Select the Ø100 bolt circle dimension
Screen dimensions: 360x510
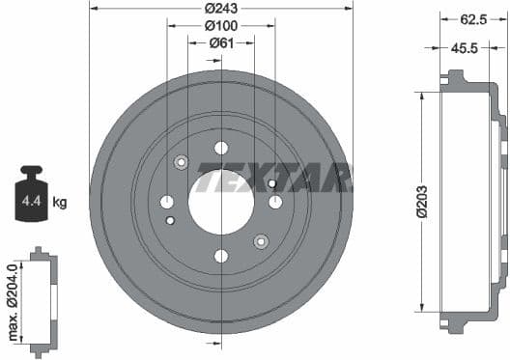click(x=221, y=27)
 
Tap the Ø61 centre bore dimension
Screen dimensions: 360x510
click(x=222, y=42)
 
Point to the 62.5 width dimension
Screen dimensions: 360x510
click(x=471, y=17)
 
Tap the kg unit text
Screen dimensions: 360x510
click(x=60, y=202)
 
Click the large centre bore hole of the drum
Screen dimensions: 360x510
click(x=221, y=202)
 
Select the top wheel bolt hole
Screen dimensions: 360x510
click(x=221, y=148)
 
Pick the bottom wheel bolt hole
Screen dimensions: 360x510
click(x=221, y=256)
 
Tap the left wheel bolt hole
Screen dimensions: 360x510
click(x=167, y=202)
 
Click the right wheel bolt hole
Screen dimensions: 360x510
click(x=275, y=202)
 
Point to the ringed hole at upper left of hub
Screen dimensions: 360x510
click(x=181, y=162)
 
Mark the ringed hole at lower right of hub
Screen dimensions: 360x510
click(x=260, y=240)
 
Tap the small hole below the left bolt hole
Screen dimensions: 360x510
click(x=171, y=221)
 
